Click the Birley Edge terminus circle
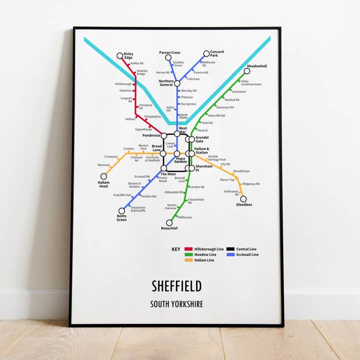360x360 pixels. pyautogui.click(x=120, y=56)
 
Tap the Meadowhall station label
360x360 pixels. pyautogui.click(x=257, y=66)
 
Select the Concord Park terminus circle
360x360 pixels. pyautogui.click(x=206, y=53)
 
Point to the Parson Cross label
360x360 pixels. pyautogui.click(x=169, y=52)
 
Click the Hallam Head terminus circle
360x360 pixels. pyautogui.click(x=104, y=176)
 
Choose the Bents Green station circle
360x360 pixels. pyautogui.click(x=121, y=210)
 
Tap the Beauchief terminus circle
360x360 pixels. pyautogui.click(x=169, y=223)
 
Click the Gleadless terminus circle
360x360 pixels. pyautogui.click(x=243, y=199)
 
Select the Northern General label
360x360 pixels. pyautogui.click(x=166, y=83)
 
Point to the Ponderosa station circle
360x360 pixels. pyautogui.click(x=164, y=135)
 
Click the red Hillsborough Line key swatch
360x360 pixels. pyautogui.click(x=188, y=249)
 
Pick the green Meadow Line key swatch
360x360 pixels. pyautogui.click(x=188, y=254)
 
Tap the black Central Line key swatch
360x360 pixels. pyautogui.click(x=230, y=249)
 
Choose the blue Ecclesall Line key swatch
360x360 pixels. pyautogui.click(x=230, y=254)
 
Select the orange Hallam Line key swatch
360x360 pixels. pyautogui.click(x=188, y=260)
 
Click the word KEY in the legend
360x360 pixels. pyautogui.click(x=176, y=249)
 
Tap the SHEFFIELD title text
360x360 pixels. pyautogui.click(x=176, y=286)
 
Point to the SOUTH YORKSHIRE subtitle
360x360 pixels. pyautogui.click(x=176, y=304)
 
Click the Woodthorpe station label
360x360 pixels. pyautogui.click(x=241, y=171)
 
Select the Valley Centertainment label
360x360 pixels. pyautogui.click(x=251, y=83)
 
